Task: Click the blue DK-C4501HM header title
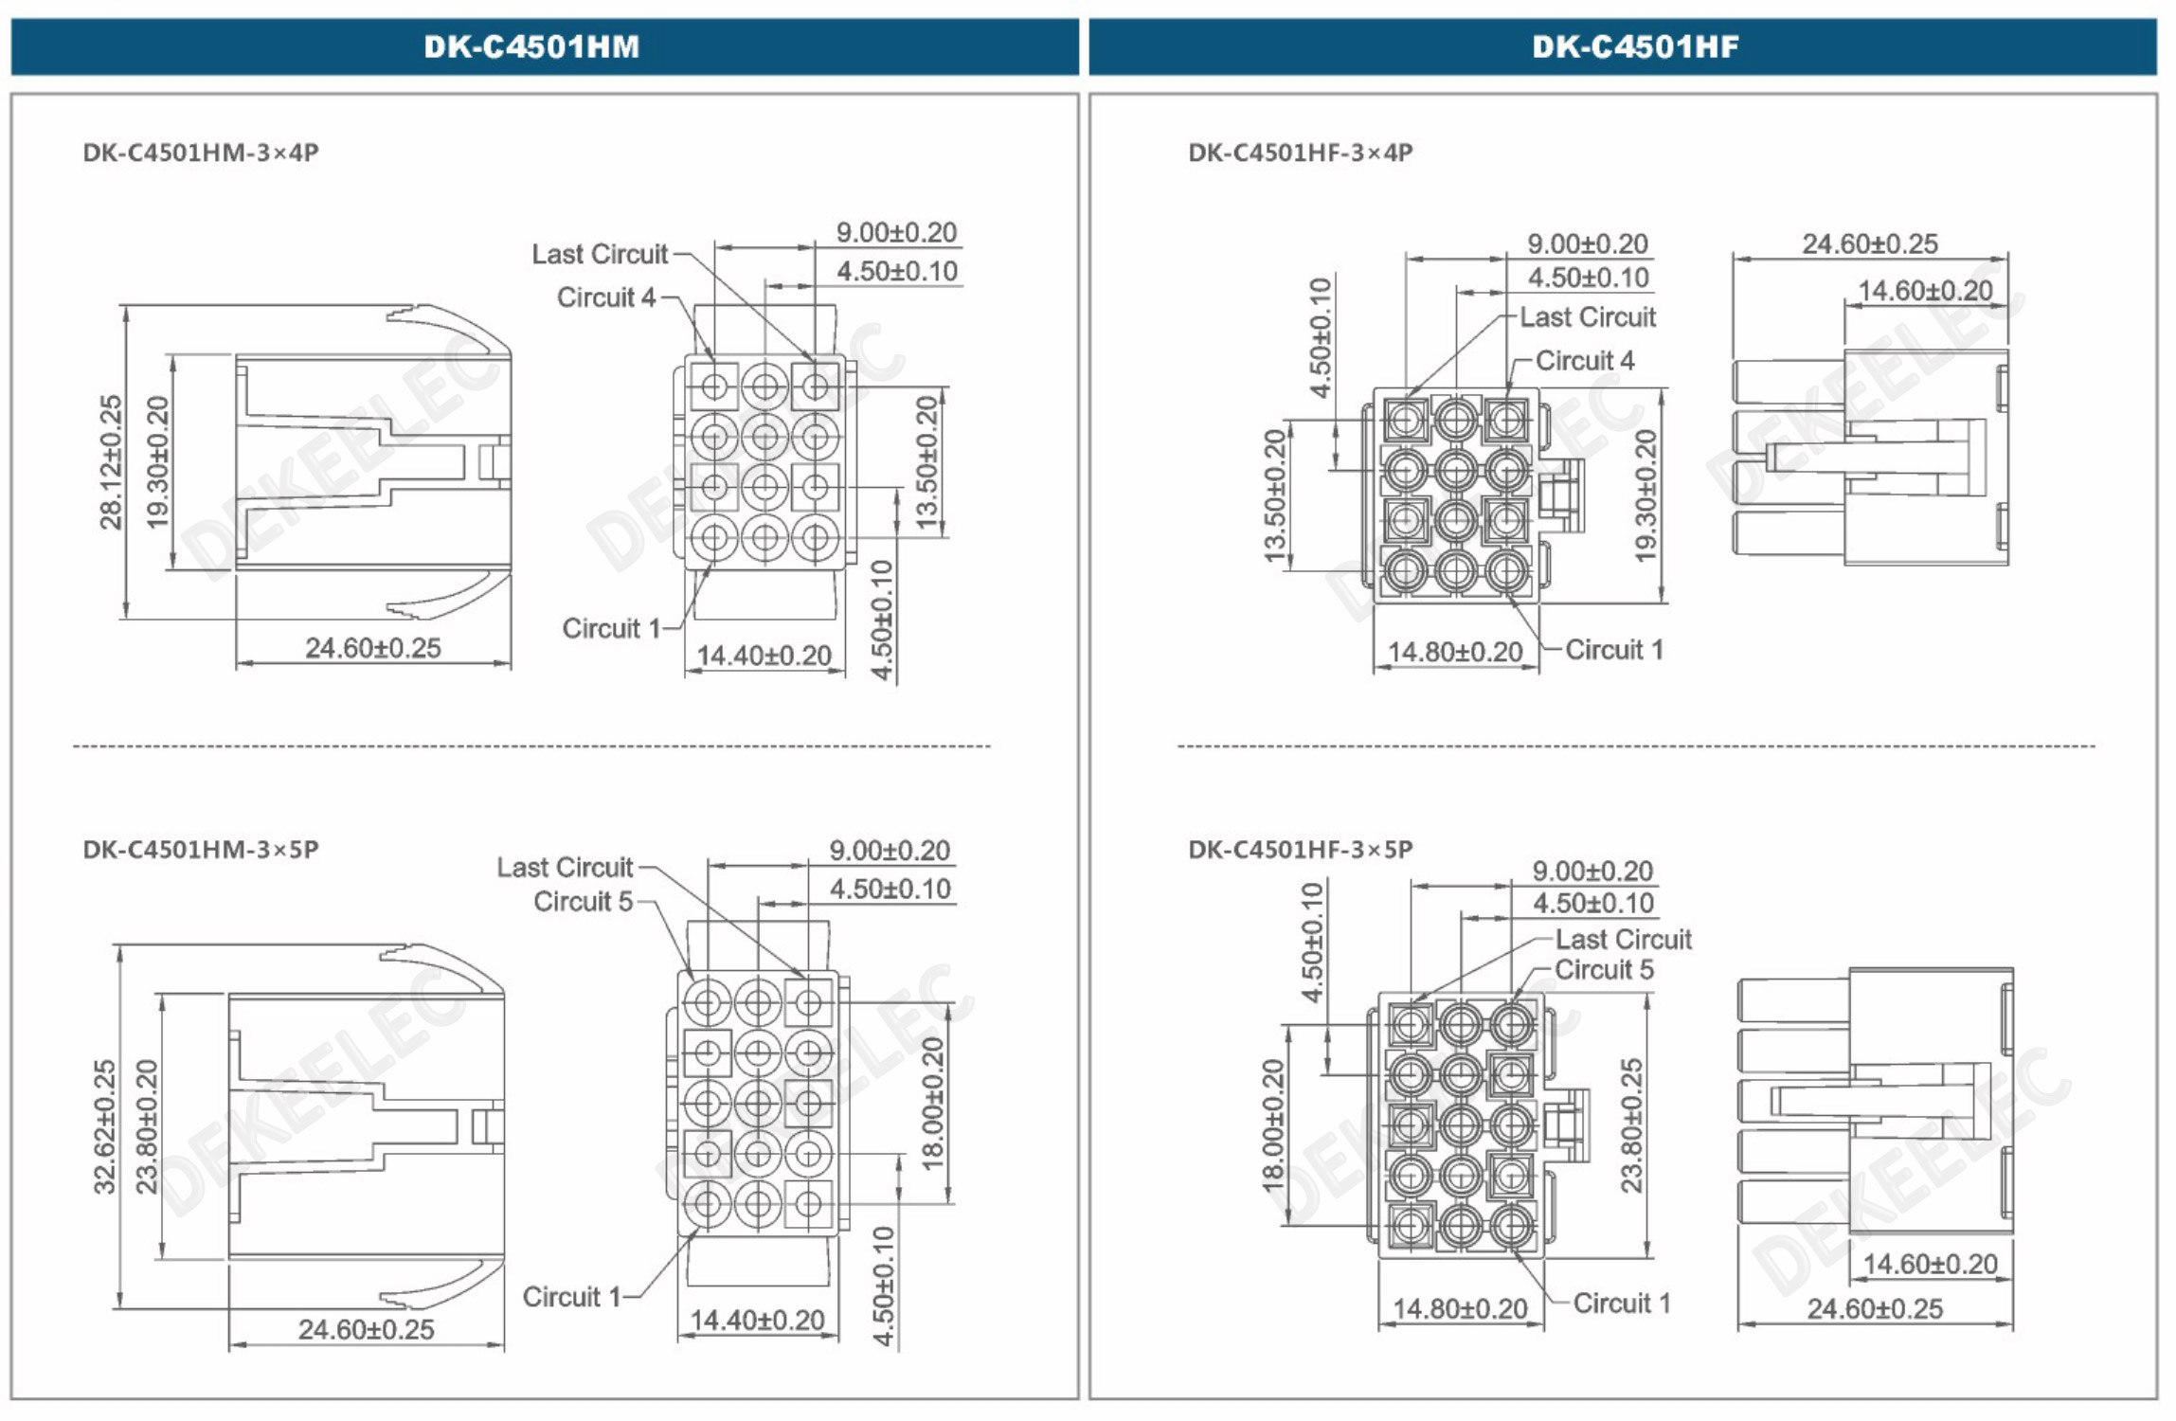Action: click(x=531, y=46)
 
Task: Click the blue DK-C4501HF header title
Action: click(x=1635, y=46)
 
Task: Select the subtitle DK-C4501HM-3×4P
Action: click(x=201, y=153)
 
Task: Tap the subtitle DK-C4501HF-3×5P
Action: click(x=1300, y=849)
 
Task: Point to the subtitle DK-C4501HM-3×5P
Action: click(x=201, y=849)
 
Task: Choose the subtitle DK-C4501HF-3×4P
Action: click(x=1300, y=153)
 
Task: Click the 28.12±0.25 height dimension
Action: click(x=112, y=461)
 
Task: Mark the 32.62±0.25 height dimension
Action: click(x=105, y=1126)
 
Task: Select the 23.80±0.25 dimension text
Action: click(x=1631, y=1124)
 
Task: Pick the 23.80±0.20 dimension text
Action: click(x=148, y=1126)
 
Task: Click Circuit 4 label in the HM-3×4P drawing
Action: click(x=606, y=297)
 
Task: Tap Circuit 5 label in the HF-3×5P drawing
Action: click(x=1604, y=969)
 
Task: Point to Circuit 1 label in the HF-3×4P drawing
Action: click(x=1613, y=650)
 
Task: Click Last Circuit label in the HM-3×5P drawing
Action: click(x=565, y=867)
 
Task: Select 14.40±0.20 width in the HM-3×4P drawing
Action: click(x=764, y=656)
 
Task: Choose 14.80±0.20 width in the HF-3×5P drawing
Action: click(x=1460, y=1308)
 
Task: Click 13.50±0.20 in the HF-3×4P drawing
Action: click(x=1276, y=495)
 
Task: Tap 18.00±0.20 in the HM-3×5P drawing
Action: click(x=933, y=1103)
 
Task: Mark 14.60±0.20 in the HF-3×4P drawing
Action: click(x=1925, y=291)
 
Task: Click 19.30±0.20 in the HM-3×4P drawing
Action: click(x=158, y=461)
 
